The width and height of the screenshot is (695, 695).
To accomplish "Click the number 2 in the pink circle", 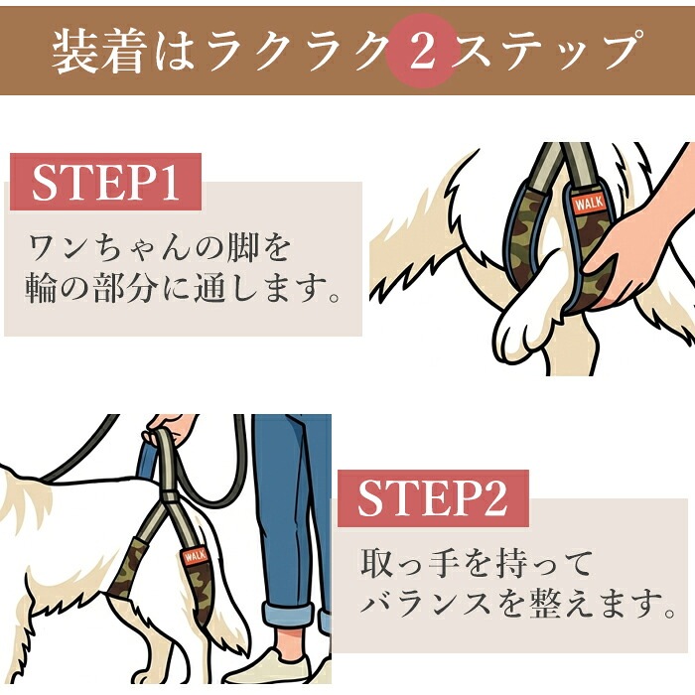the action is tap(421, 52).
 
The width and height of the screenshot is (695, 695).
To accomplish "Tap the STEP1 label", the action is tap(105, 182).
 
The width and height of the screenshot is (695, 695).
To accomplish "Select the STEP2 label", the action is tap(433, 498).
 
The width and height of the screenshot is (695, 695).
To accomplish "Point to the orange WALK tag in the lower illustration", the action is tap(195, 556).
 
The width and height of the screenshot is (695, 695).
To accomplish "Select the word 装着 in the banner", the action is tap(99, 52).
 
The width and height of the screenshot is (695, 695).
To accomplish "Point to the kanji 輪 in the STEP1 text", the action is tap(41, 287).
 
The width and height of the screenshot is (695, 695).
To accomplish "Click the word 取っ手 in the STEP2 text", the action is tap(410, 563).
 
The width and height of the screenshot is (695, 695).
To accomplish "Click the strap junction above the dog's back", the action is tap(170, 495).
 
